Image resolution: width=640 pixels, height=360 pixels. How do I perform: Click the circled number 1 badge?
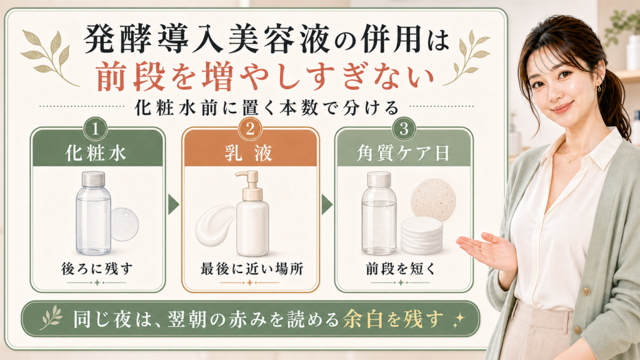tap(96, 129)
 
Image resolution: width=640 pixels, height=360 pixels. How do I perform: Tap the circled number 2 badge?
tap(250, 129)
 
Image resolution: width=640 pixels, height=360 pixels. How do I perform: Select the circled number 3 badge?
tap(404, 129)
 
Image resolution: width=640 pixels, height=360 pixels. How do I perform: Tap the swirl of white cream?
tap(216, 224)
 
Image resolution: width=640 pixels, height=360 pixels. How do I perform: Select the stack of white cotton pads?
tap(421, 236)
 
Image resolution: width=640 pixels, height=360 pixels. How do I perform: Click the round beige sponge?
tap(432, 199)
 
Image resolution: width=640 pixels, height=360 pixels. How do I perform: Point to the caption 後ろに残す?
tap(97, 269)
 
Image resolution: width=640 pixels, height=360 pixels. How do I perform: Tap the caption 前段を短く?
tap(401, 269)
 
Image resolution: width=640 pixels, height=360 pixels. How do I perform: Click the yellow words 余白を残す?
tap(393, 319)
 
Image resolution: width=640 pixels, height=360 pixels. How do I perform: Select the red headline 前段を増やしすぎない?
tap(264, 76)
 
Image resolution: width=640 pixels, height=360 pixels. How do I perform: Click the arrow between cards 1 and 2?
tap(174, 204)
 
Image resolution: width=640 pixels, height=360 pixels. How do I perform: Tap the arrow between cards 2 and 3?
tap(326, 204)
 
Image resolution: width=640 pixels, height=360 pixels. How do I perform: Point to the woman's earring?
tap(599, 87)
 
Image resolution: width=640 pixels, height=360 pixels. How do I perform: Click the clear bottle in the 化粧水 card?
tap(94, 213)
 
